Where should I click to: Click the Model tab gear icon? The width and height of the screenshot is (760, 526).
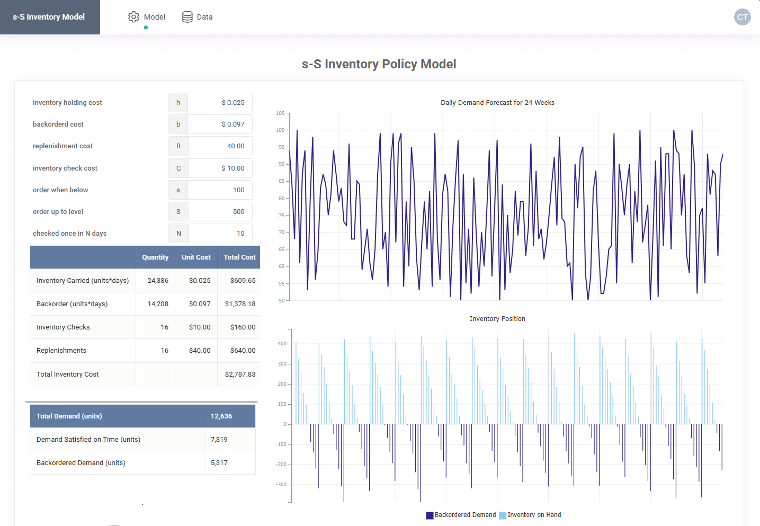click(133, 16)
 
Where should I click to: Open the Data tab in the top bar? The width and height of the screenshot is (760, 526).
click(197, 16)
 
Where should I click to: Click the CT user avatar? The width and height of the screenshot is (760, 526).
click(742, 17)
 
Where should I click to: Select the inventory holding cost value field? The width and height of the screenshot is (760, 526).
click(220, 102)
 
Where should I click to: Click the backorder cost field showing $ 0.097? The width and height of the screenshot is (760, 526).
click(220, 124)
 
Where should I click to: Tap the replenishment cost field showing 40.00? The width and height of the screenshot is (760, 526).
click(220, 146)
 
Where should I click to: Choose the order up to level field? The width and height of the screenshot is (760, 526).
click(220, 212)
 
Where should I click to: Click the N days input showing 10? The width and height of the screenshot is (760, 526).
click(220, 234)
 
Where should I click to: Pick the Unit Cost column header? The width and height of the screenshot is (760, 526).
click(196, 257)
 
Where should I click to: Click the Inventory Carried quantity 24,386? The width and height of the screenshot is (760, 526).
click(158, 281)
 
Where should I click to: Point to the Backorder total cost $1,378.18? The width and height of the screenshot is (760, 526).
click(240, 304)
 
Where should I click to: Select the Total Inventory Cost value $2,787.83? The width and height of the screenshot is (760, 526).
click(240, 375)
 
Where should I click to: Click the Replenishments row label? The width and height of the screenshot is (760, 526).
click(61, 351)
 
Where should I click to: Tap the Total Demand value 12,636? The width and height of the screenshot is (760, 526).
click(221, 416)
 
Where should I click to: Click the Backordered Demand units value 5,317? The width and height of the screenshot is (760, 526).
click(219, 463)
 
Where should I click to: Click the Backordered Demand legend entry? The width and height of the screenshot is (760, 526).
click(461, 515)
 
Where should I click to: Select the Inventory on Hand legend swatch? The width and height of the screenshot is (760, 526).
click(503, 515)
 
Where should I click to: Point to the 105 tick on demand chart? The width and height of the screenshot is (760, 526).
click(280, 113)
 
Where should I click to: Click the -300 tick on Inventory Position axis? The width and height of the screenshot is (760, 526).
click(281, 485)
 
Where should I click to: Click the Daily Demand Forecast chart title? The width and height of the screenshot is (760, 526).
click(497, 102)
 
